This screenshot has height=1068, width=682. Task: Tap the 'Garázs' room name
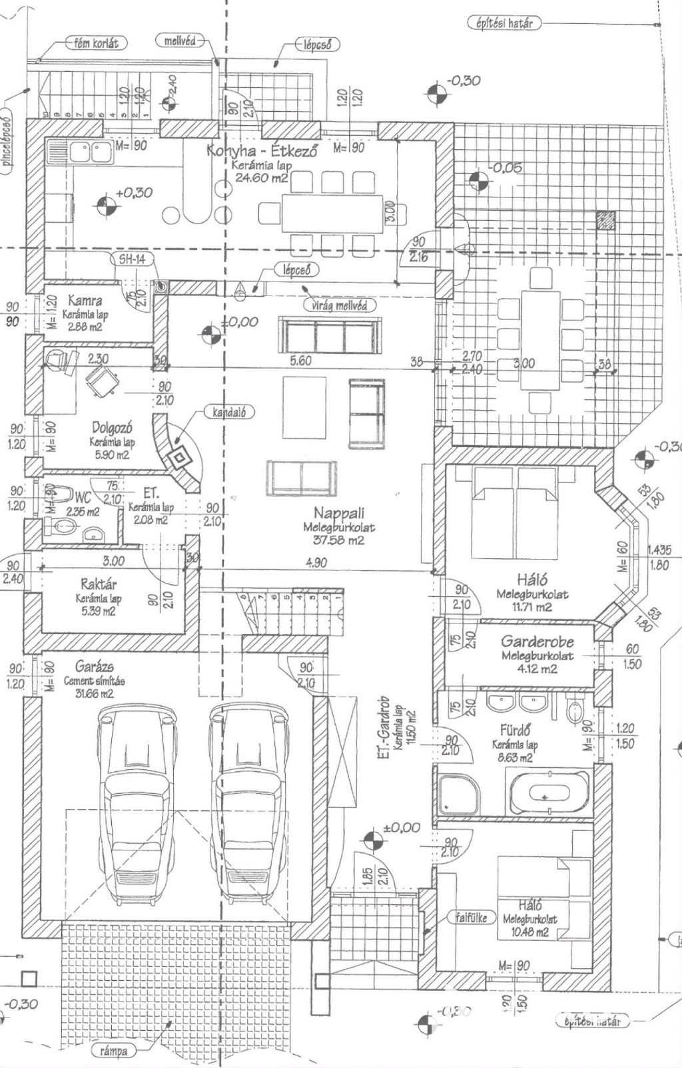[x=94, y=666]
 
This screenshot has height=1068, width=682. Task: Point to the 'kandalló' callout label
[x=229, y=413]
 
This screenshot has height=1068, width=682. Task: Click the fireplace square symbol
[x=179, y=458]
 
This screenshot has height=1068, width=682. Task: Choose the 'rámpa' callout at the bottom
[x=113, y=1051]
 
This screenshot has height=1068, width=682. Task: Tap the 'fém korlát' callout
[x=97, y=43]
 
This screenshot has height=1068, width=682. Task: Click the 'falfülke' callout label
[x=472, y=918]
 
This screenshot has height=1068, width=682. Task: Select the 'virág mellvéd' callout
[x=339, y=305]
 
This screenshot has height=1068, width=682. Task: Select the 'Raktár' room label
[x=99, y=584]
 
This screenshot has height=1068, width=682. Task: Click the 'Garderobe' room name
[x=537, y=641]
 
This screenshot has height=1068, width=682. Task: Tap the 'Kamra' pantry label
[x=85, y=301]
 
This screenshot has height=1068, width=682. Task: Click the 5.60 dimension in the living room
[x=300, y=361]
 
